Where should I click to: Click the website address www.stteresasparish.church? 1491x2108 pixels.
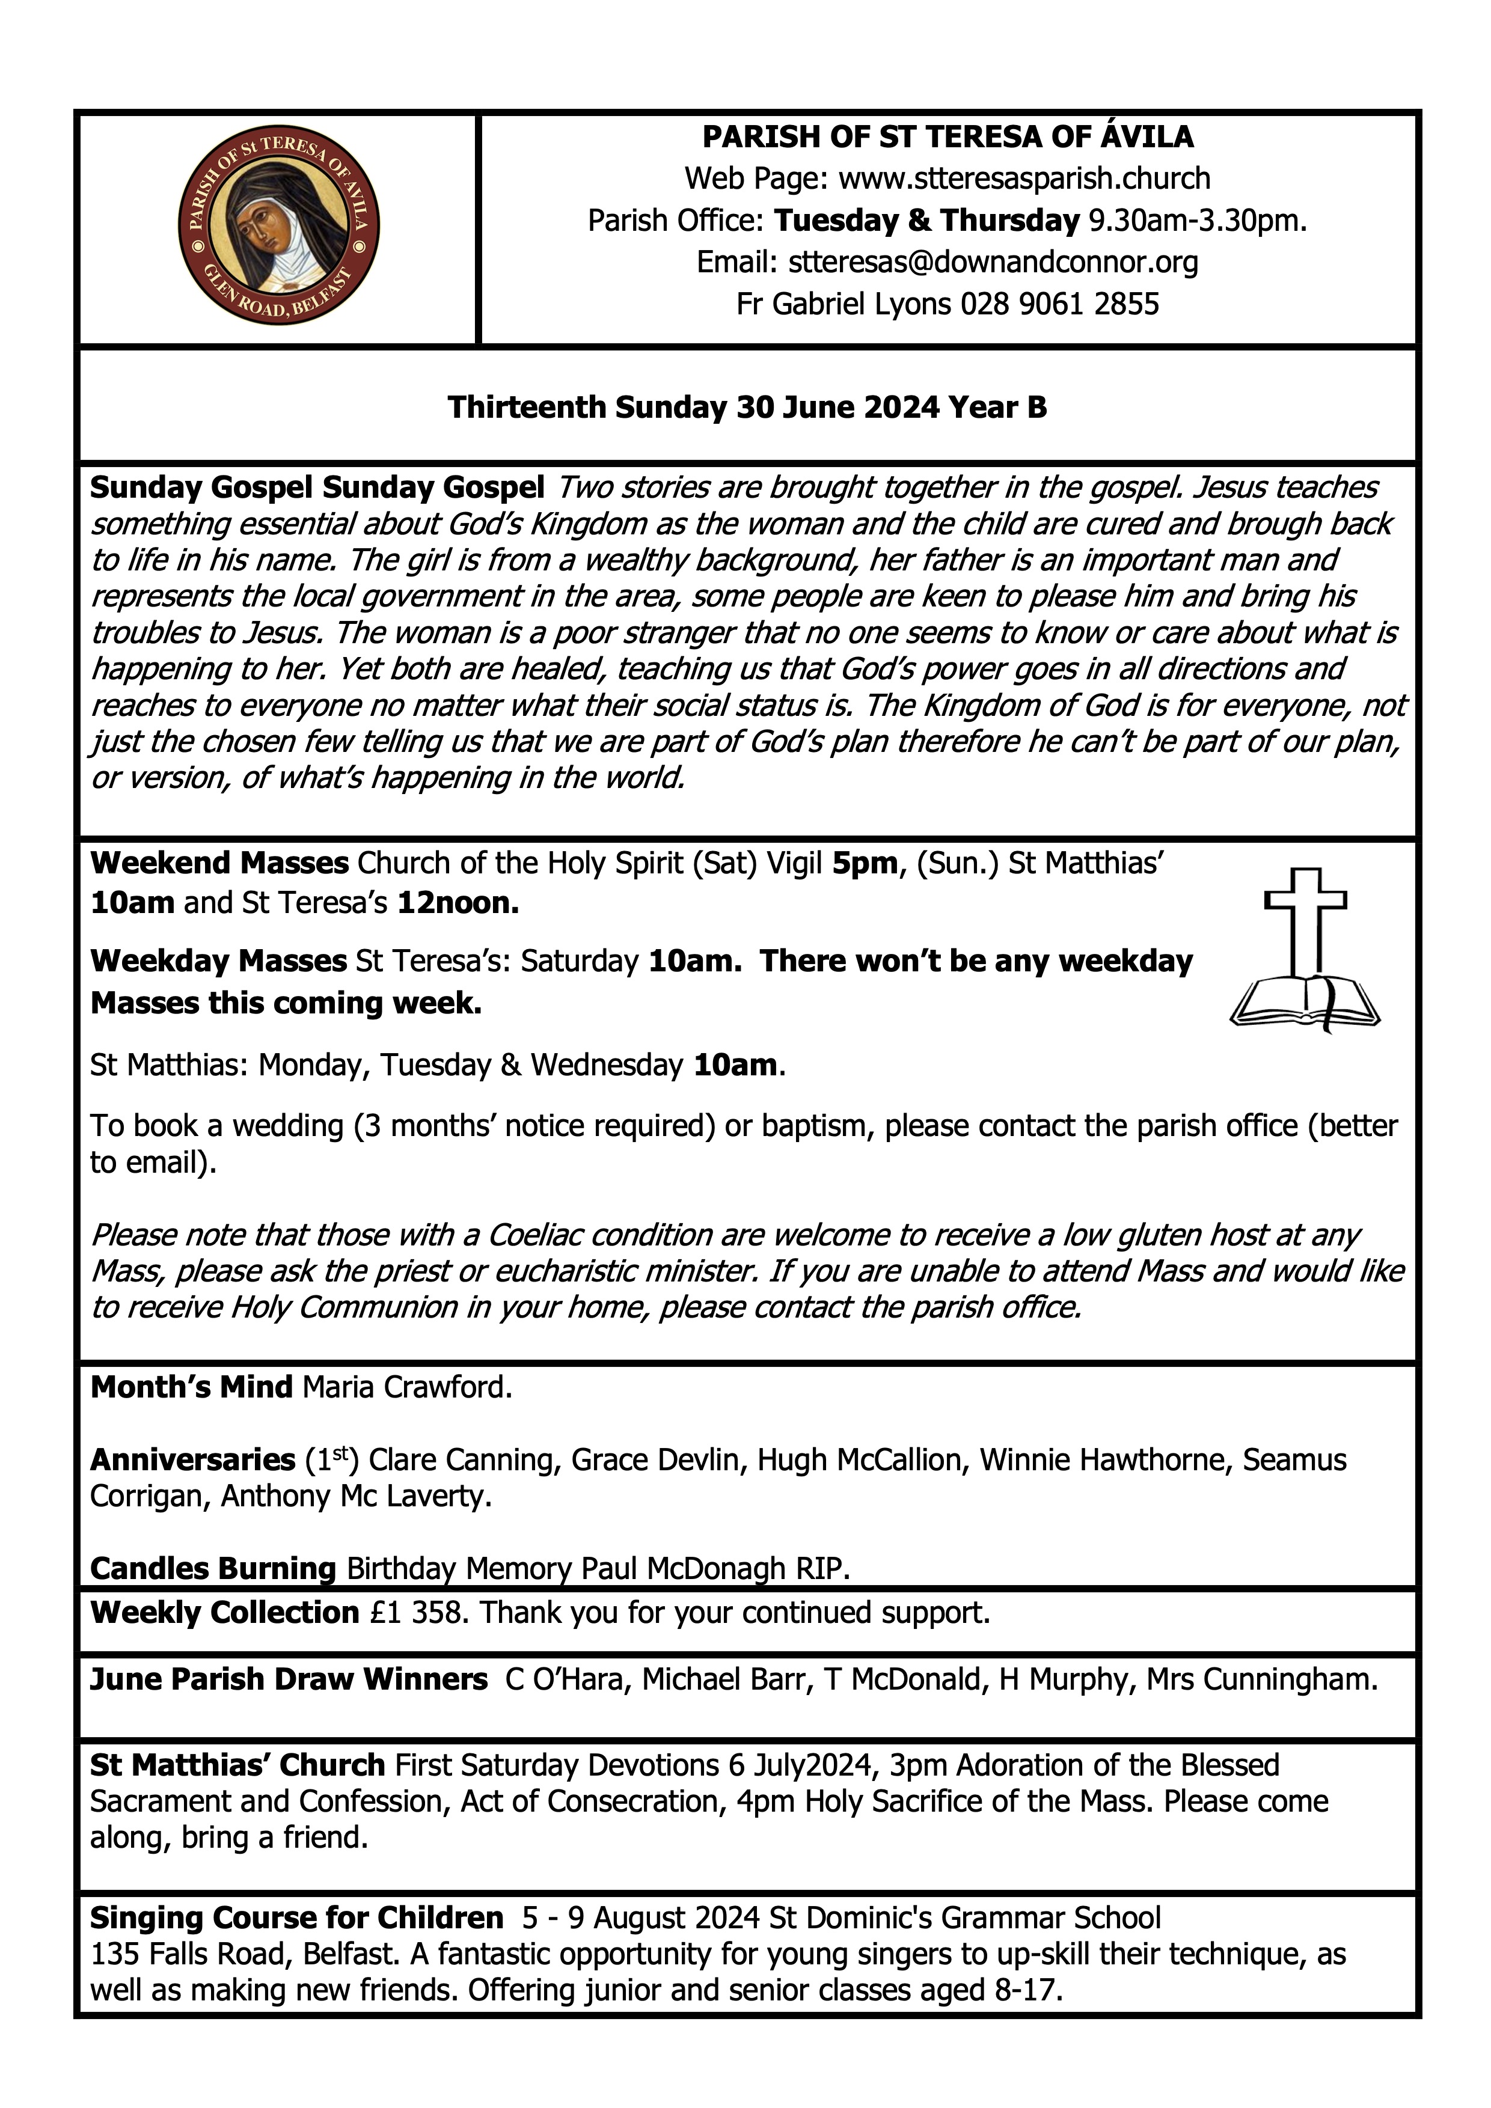coord(1024,178)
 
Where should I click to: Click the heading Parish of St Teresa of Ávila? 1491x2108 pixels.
coord(948,137)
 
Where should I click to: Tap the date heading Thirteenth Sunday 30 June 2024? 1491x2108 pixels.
coord(747,407)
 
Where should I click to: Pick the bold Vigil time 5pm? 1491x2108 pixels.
coord(864,863)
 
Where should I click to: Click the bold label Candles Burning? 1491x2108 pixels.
coord(213,1568)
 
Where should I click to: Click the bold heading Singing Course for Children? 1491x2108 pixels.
coord(296,1918)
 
